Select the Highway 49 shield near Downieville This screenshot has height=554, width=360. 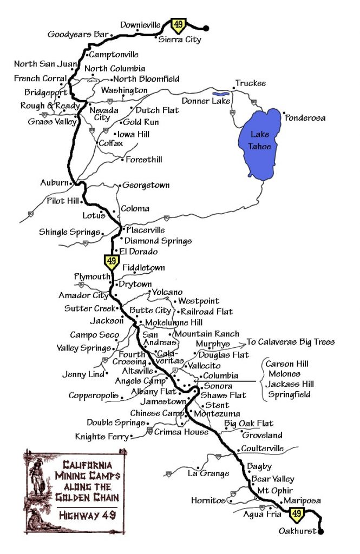pyautogui.click(x=178, y=24)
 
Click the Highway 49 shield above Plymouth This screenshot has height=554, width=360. pyautogui.click(x=112, y=262)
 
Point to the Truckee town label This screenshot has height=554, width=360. pyautogui.click(x=250, y=83)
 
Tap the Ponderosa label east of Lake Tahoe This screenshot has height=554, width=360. pyautogui.click(x=306, y=117)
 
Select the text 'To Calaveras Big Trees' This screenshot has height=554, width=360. pyautogui.click(x=291, y=342)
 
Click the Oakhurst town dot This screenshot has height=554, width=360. pyautogui.click(x=321, y=532)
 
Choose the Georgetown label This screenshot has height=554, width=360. pyautogui.click(x=146, y=184)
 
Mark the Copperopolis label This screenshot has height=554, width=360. pyautogui.click(x=94, y=395)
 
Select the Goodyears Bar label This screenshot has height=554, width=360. pyautogui.click(x=78, y=34)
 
